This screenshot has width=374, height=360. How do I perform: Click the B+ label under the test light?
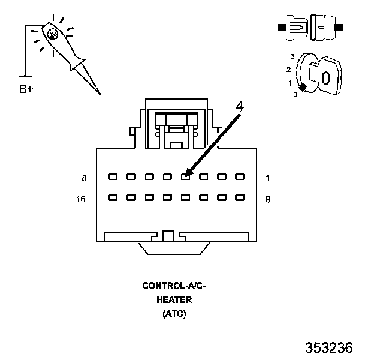coord(26,89)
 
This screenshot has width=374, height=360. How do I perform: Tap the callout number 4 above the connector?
coord(240,106)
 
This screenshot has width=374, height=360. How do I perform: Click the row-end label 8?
coord(85,178)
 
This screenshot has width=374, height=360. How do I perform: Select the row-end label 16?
coord(82,199)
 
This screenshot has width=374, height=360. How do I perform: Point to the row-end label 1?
coord(268,178)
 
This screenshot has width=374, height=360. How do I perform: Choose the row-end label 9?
coord(268,199)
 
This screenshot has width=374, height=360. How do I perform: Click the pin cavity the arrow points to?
coord(186,177)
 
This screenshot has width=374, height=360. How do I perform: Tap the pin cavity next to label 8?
coord(112,177)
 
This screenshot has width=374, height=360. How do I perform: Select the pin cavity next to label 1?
coord(240,177)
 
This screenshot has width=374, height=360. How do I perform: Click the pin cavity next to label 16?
coord(112,197)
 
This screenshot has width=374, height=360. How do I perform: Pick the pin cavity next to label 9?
coord(240,197)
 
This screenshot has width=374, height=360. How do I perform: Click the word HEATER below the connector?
coord(174,300)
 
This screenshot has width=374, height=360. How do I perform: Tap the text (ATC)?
coord(174,313)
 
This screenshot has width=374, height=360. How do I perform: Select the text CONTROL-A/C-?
coord(174,286)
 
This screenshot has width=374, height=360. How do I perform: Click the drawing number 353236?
coord(329,348)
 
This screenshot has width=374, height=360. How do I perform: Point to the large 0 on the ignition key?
coord(325,77)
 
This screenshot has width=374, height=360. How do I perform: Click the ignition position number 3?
coord(292,56)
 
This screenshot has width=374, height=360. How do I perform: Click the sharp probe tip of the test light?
coord(99,94)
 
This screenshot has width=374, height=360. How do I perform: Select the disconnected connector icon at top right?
coord(310,28)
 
